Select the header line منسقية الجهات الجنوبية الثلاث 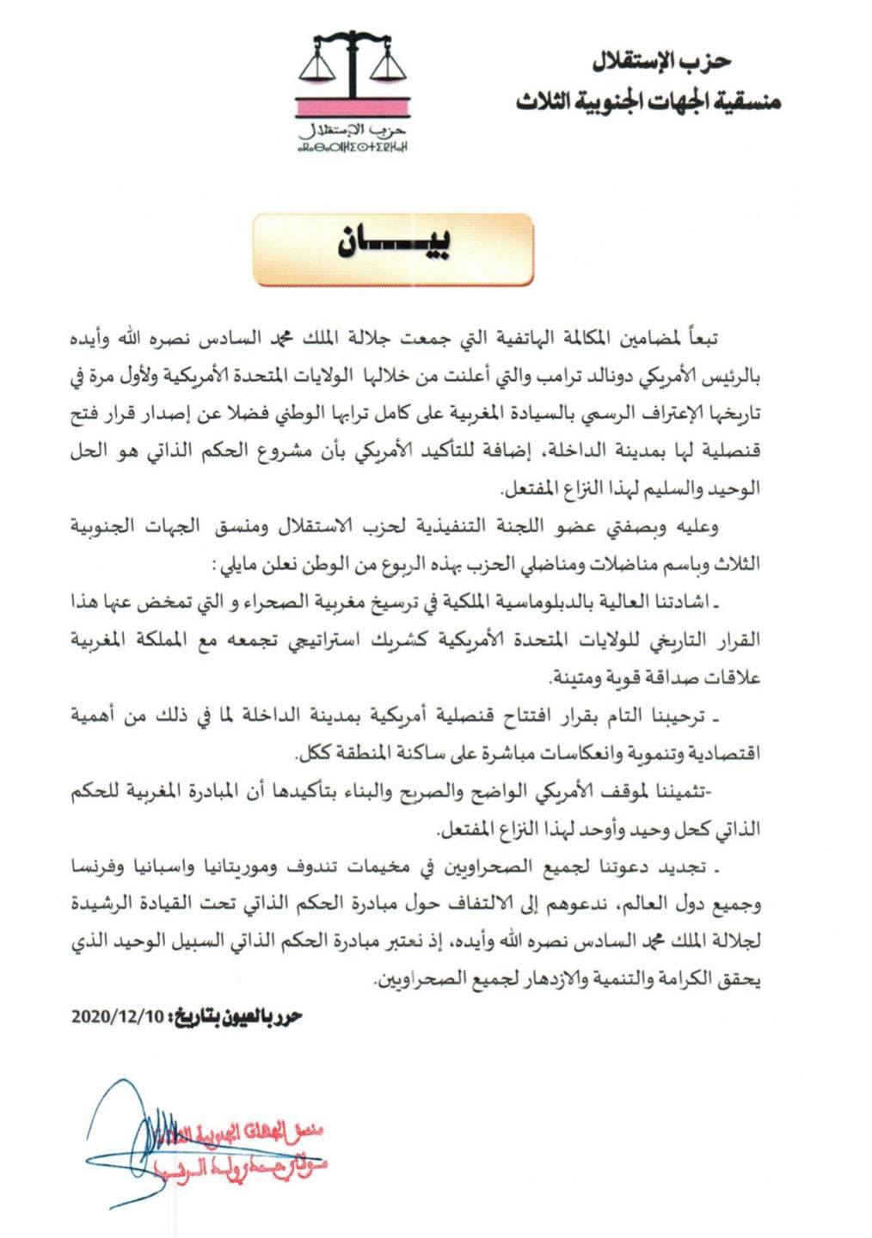(648, 102)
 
